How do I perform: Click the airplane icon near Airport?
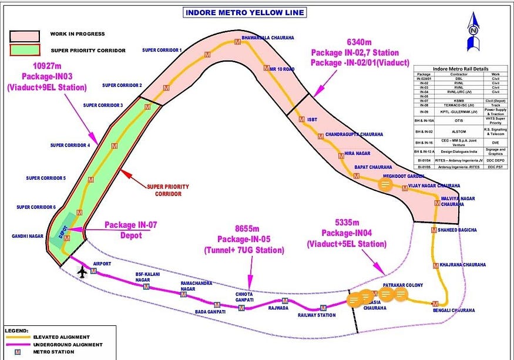[82, 272]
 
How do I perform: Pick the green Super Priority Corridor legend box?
[24, 50]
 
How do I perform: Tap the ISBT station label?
[312, 119]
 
